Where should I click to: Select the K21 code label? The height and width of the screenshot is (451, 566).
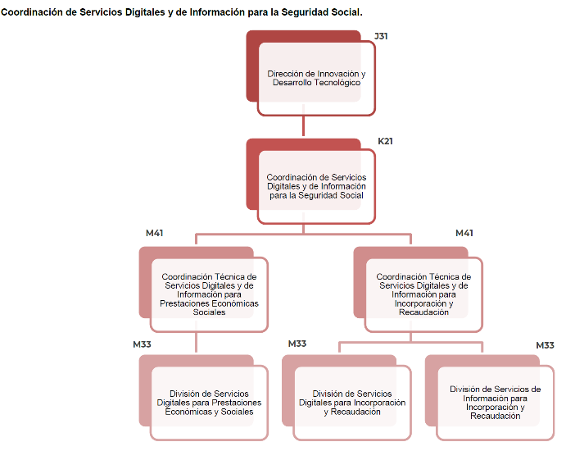(385, 141)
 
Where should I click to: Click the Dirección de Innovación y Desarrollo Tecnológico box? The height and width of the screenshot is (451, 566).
(316, 78)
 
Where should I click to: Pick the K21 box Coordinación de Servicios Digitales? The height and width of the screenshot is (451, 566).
(316, 186)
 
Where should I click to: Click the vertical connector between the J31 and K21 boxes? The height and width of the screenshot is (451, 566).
(304, 126)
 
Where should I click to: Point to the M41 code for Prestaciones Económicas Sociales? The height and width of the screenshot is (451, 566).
(154, 234)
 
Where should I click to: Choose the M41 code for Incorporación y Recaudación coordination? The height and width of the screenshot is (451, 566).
(464, 234)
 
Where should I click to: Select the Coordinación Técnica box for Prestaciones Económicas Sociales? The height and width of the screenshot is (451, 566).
(209, 294)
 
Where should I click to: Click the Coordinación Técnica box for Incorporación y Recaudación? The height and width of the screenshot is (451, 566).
(423, 294)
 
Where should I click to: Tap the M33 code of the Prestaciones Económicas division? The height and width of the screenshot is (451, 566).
(142, 344)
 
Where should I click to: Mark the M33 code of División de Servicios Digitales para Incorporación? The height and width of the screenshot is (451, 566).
(297, 344)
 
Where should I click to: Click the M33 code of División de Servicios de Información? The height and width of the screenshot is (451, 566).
(545, 345)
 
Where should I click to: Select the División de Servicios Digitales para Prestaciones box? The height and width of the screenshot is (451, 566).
(209, 402)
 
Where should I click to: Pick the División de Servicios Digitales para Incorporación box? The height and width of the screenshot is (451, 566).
(351, 403)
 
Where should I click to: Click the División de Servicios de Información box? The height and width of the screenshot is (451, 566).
(495, 402)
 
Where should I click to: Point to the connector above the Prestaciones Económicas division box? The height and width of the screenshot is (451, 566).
(197, 343)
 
